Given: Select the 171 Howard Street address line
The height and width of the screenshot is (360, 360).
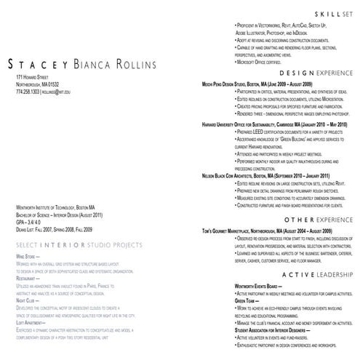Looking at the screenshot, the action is [x=32, y=76].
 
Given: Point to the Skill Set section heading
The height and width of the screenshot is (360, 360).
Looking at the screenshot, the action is [x=328, y=14].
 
